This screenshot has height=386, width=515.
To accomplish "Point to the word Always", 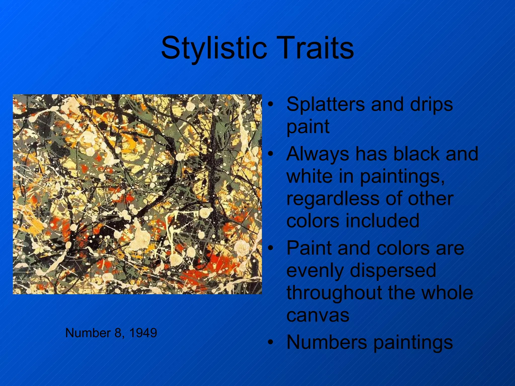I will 318,154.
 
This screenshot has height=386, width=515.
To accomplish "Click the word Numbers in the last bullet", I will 327,342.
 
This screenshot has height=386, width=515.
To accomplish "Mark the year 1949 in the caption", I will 143,333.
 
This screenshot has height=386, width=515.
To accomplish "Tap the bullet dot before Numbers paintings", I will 270,342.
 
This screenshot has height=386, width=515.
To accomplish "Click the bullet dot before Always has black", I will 270,154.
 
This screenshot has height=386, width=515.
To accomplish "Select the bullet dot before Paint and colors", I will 270,248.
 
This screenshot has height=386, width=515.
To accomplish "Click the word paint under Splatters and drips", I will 308,126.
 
